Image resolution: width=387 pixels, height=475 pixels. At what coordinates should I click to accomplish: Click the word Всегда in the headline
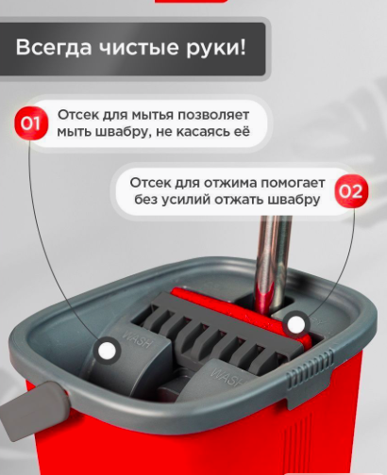[x=54, y=48]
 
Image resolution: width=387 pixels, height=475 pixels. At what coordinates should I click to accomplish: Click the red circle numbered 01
[x=31, y=123]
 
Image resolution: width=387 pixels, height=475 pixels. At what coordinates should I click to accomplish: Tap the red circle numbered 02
[x=351, y=191]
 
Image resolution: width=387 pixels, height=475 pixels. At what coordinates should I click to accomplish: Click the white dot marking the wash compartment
[x=107, y=351]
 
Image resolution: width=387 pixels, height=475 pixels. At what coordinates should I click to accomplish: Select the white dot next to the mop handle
[x=295, y=324]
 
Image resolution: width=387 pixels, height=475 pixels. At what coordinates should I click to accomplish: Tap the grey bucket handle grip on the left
[x=35, y=407]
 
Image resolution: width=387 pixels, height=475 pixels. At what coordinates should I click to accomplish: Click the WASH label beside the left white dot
[x=136, y=337]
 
